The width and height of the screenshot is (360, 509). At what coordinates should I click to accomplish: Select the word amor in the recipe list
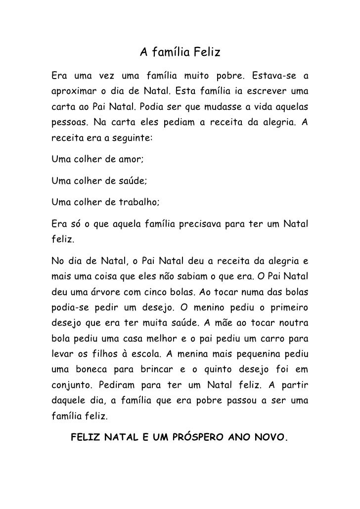(x=130, y=160)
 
